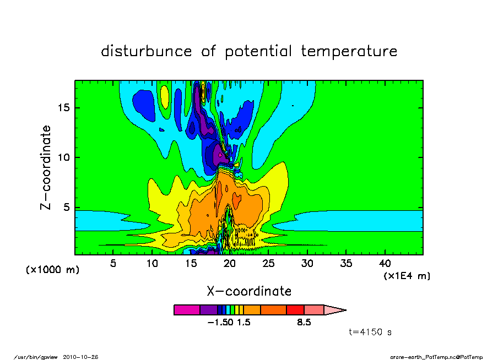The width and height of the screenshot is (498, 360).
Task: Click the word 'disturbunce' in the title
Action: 147,51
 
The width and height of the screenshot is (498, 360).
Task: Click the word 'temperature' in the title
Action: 349,51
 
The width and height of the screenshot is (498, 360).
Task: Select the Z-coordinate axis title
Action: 46,167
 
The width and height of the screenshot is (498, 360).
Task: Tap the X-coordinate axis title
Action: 249,291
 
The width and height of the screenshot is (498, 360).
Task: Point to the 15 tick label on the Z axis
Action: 63,108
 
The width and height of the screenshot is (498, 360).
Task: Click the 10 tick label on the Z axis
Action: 63,157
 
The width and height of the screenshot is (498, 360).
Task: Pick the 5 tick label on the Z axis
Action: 66,208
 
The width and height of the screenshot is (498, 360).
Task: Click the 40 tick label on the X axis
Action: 385,263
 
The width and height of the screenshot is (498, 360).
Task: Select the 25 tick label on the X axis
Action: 268,263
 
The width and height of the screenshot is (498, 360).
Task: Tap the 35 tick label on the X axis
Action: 346,263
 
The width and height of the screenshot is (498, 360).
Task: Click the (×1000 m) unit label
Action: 52,270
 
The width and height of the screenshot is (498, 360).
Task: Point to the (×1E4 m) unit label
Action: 407,276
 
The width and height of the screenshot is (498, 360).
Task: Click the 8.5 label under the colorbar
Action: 304,323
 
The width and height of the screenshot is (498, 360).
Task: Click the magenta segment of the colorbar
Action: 187,310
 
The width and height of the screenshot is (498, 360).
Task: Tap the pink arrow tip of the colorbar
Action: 335,310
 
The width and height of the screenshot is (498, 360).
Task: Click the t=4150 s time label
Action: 370,332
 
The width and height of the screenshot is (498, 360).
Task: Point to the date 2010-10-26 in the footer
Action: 80,357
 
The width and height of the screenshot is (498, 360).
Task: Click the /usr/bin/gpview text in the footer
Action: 36,357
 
